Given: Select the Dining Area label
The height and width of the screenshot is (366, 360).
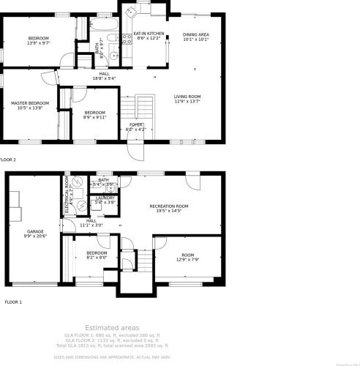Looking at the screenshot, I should point(195,37).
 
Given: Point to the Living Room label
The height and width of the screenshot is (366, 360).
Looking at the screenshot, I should point(188,99).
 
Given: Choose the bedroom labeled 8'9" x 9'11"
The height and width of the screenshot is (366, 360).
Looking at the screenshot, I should point(94,114).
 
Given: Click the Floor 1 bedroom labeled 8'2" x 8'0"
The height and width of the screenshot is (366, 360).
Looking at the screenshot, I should point(97,255).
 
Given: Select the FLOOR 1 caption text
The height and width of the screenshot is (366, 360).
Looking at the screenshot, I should point(13,302).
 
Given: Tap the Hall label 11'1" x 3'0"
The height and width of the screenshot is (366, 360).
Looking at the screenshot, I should point(91,223).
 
